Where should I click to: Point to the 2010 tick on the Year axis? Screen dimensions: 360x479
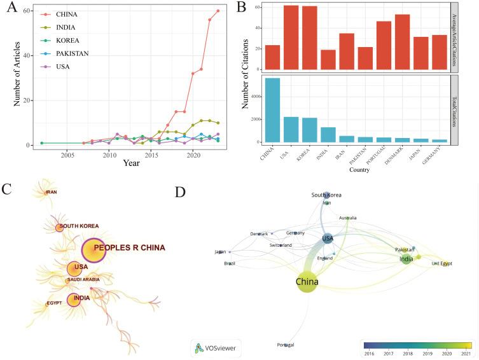tap(109, 155)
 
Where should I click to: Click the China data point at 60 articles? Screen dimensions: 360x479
tap(218, 11)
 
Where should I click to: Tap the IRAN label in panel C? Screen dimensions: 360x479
tap(51, 192)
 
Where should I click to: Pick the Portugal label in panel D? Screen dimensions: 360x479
tap(286, 344)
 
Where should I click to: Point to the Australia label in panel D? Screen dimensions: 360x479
tap(347, 218)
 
